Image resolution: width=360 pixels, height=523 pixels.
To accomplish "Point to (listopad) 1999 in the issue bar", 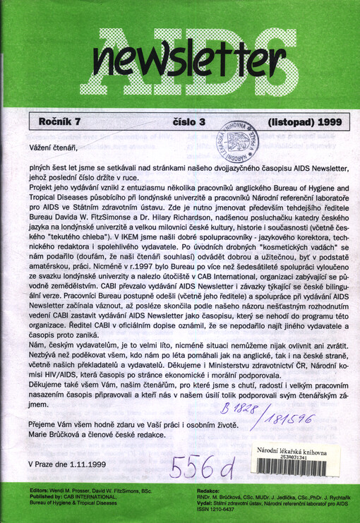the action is (290, 121).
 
